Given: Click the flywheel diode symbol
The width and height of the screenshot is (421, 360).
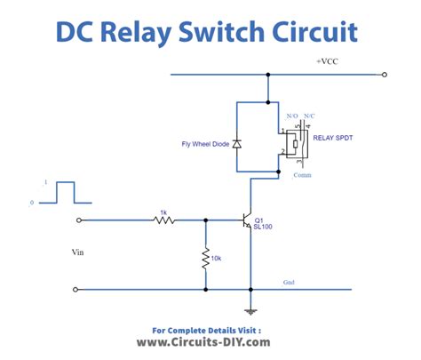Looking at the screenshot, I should (236, 143).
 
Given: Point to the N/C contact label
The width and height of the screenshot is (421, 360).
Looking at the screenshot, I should (309, 116).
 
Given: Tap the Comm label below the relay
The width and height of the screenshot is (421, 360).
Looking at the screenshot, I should (302, 175).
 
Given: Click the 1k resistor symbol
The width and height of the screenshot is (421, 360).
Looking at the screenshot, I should (163, 219).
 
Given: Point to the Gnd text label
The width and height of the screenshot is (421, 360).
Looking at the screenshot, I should (290, 283).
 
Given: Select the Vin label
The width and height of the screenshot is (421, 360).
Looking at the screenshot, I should (78, 252).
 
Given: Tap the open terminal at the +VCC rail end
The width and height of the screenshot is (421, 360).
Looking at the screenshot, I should (384, 76).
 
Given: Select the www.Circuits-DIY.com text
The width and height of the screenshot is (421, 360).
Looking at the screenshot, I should (203, 341).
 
